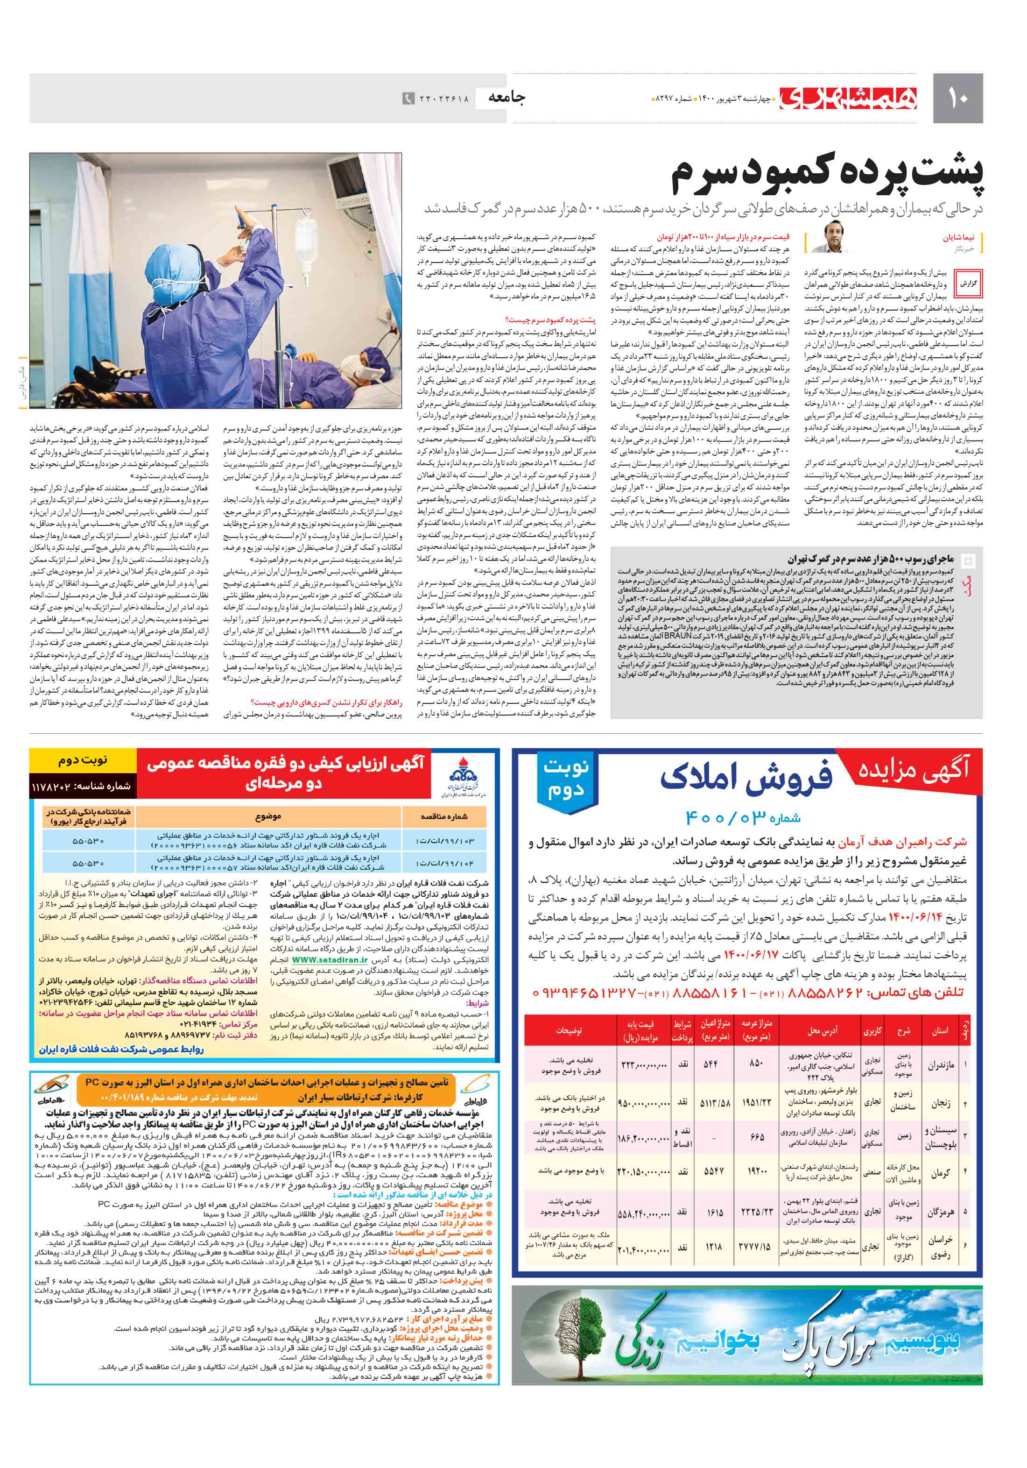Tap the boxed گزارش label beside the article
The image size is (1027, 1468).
click(969, 283)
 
